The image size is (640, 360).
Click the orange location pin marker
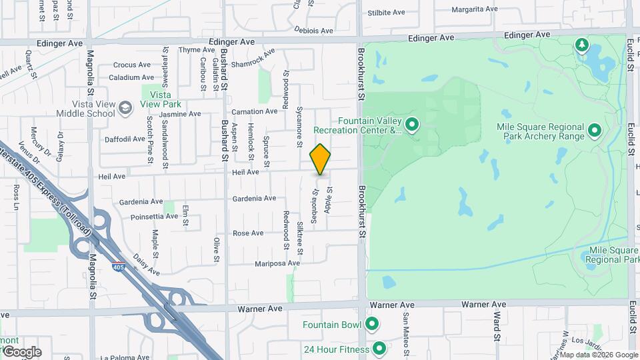[x=321, y=159]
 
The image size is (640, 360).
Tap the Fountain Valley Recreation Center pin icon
[x=412, y=125]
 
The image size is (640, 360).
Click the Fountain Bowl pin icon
[x=372, y=325]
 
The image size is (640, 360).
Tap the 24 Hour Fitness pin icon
[x=379, y=349]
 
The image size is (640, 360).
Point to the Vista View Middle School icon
[x=125, y=108]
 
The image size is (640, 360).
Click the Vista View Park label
[x=160, y=100]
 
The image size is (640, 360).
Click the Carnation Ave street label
[x=254, y=111]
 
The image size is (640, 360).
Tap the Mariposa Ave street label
[x=277, y=263]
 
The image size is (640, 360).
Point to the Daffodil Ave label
[x=125, y=139]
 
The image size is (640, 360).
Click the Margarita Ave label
[x=475, y=9]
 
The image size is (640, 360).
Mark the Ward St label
[x=497, y=325]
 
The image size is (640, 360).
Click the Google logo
[x=21, y=352]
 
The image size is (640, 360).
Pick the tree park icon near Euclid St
[x=582, y=45]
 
